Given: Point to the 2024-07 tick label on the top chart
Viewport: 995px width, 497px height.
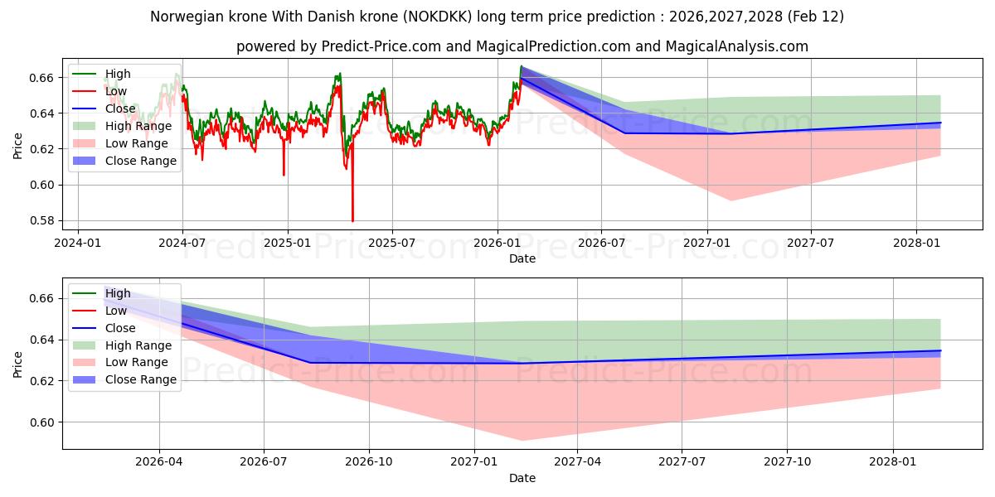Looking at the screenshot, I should (x=182, y=243).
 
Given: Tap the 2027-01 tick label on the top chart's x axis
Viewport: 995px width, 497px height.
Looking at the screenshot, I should (x=707, y=243).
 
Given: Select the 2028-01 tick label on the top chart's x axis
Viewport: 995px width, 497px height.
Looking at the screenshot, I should (x=916, y=243).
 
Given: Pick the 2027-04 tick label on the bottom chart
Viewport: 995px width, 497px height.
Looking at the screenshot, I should (x=578, y=462).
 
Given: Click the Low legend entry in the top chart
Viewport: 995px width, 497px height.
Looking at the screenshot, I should (x=116, y=91).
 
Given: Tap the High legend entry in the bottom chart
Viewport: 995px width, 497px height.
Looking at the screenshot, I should (x=118, y=293).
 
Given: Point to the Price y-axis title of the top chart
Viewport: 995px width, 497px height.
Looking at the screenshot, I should (x=18, y=146).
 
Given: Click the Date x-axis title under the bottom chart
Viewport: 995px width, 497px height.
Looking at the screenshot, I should (x=522, y=478).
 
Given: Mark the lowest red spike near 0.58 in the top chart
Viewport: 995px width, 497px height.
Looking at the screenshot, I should (x=352, y=220).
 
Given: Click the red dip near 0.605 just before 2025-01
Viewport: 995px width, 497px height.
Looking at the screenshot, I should (x=284, y=175).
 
